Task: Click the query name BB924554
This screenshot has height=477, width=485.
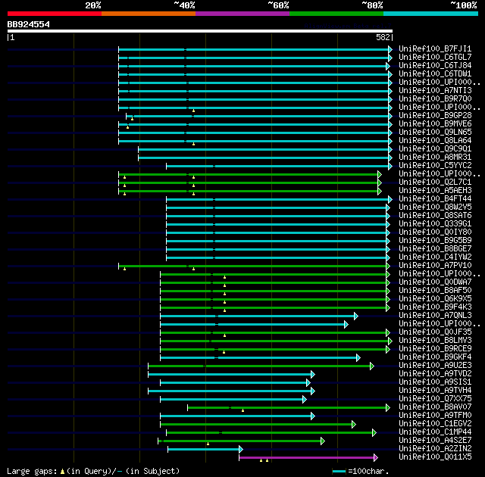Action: [29, 24]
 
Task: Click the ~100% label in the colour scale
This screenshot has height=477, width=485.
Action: [463, 5]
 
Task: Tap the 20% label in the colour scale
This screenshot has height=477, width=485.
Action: [93, 5]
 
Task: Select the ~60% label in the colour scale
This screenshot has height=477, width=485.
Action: [278, 5]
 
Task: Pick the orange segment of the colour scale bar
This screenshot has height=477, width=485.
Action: [148, 13]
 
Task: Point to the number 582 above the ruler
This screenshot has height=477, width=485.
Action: [383, 37]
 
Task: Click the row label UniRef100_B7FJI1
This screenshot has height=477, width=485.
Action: [436, 48]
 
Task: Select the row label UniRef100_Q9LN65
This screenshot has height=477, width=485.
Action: [436, 132]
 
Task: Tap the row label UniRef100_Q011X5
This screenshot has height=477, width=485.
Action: [436, 457]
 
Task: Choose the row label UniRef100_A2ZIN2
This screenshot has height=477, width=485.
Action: [436, 448]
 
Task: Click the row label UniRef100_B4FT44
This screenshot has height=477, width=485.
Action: [436, 198]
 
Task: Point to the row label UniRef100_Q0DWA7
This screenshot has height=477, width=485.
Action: [436, 282]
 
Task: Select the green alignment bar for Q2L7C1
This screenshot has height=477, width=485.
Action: [250, 182]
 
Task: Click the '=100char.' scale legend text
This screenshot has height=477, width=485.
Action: [457, 471]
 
